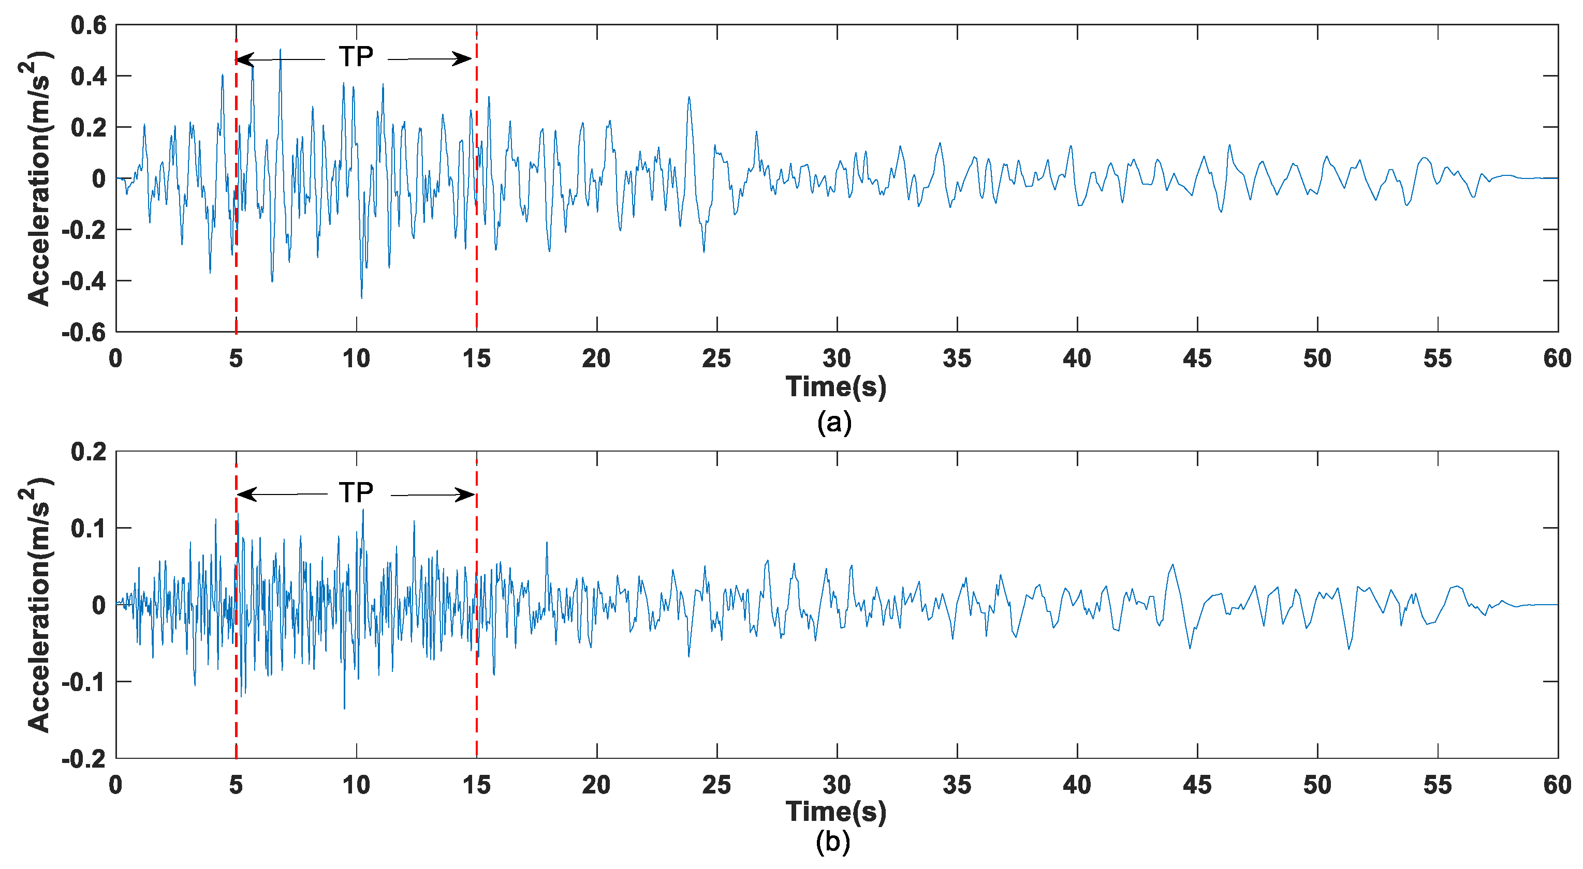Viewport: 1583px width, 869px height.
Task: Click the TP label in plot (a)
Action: (356, 57)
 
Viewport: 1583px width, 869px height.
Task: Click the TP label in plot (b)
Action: (356, 492)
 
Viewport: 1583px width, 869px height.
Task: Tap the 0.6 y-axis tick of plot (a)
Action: (89, 25)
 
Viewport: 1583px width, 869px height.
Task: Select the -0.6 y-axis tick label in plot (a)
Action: (84, 332)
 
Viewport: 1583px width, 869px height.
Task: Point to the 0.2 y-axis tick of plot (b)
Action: (89, 452)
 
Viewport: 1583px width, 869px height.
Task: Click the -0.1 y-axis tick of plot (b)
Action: (84, 682)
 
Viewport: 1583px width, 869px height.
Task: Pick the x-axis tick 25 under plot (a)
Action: (716, 358)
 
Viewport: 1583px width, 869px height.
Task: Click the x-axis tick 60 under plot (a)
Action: (1557, 358)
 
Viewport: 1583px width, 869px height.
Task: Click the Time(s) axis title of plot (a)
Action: (836, 387)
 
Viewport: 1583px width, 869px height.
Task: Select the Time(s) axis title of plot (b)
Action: (836, 812)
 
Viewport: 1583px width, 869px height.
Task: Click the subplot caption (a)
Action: (834, 423)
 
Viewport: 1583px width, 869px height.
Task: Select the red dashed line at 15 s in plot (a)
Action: (477, 246)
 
